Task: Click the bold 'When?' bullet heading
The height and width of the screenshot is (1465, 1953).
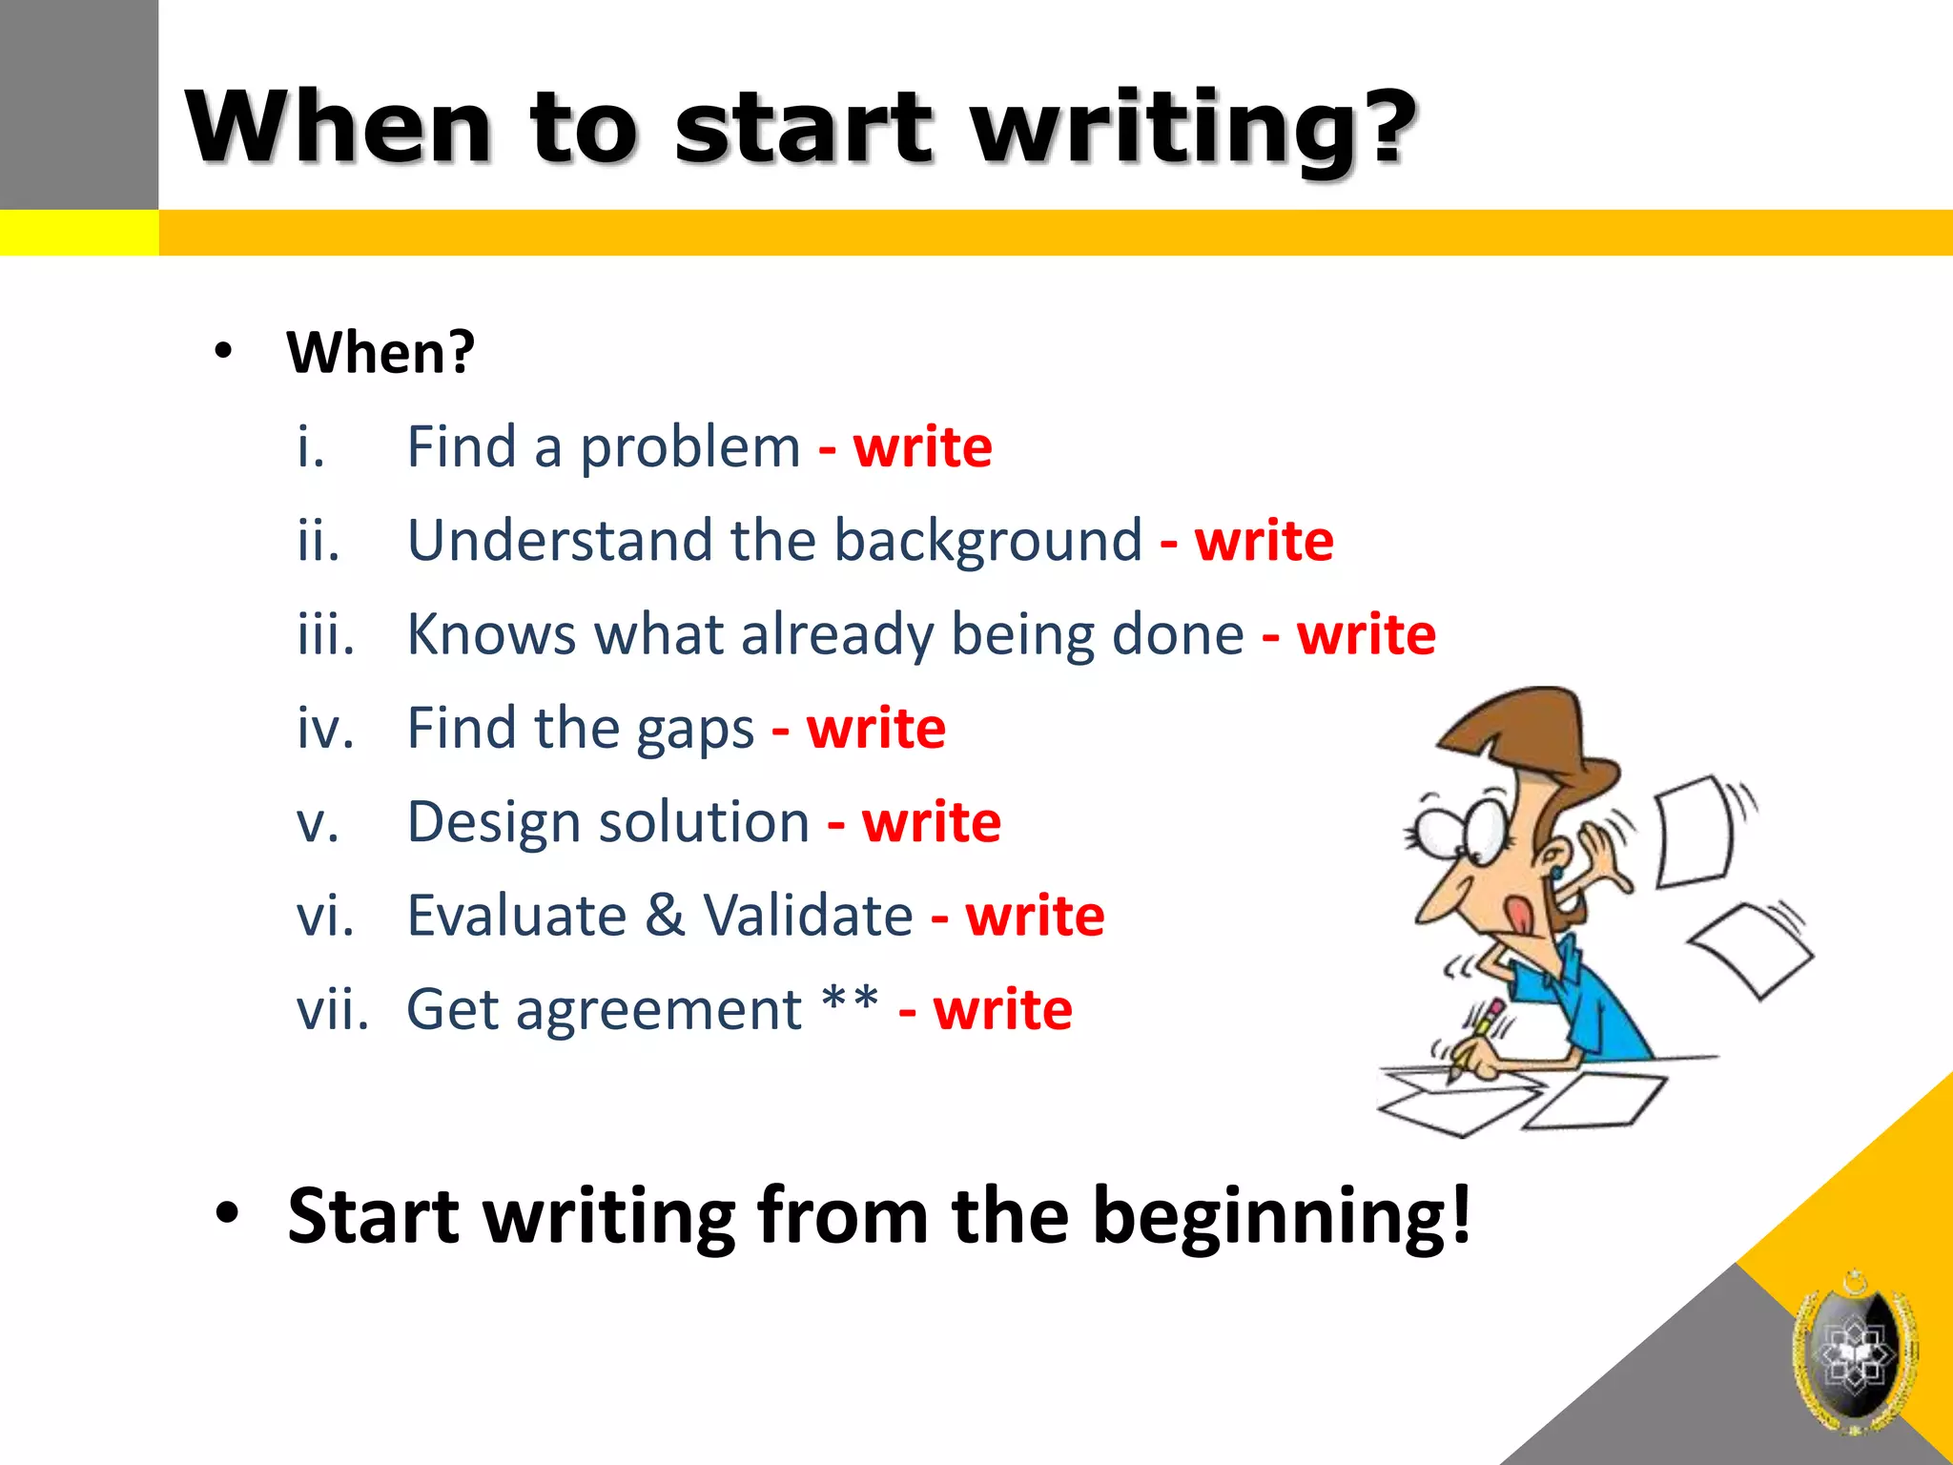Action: coord(380,353)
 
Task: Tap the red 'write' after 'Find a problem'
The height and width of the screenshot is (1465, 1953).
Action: coord(922,447)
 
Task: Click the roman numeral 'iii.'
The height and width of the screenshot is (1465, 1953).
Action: coord(325,634)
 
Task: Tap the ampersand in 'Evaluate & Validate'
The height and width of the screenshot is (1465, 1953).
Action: coord(665,916)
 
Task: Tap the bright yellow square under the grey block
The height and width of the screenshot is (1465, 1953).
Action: coord(78,233)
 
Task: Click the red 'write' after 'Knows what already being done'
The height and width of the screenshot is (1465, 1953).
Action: coord(1366,635)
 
